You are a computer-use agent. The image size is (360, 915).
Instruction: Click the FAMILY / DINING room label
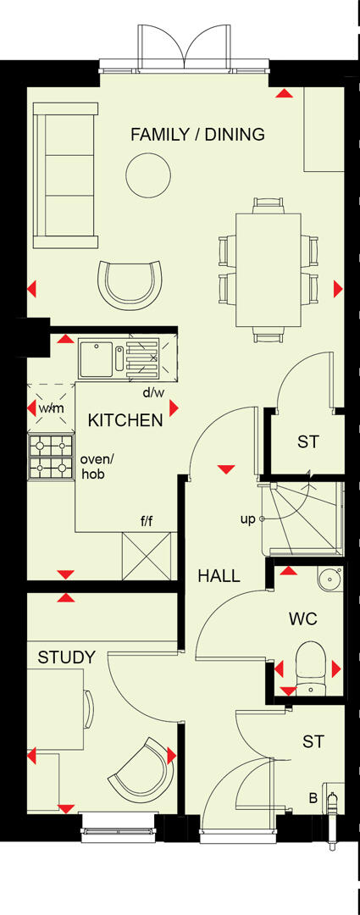(197, 134)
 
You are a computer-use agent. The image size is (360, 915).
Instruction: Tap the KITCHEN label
(125, 420)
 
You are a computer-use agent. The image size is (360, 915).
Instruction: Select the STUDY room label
(66, 657)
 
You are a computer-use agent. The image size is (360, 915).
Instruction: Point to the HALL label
(219, 576)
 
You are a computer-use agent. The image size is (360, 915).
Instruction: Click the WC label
(302, 619)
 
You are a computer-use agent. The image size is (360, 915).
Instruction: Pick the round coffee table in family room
(144, 174)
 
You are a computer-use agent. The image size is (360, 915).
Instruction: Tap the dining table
(267, 269)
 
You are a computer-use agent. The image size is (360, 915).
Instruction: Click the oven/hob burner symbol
(52, 457)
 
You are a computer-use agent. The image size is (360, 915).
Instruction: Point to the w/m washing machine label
(51, 409)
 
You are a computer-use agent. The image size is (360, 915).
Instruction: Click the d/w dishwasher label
(153, 392)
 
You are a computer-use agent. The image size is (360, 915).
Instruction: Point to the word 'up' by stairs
(247, 519)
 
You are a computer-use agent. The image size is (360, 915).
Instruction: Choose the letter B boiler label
(313, 797)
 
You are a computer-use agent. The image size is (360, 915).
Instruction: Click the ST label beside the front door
(313, 741)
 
